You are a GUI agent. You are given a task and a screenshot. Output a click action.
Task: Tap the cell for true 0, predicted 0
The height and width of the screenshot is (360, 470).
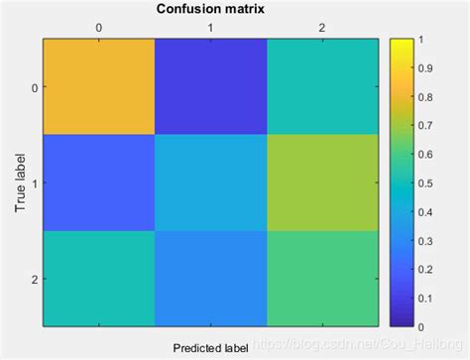pyautogui.click(x=99, y=87)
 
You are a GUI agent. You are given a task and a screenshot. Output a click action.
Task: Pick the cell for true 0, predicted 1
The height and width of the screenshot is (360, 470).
pyautogui.click(x=210, y=87)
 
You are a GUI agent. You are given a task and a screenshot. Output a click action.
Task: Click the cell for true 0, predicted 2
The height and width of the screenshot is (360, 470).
pyautogui.click(x=322, y=87)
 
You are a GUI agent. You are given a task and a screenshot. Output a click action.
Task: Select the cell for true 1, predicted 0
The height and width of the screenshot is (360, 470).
pyautogui.click(x=99, y=182)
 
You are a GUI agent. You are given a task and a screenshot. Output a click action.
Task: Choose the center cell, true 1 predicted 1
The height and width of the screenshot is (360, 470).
pyautogui.click(x=210, y=182)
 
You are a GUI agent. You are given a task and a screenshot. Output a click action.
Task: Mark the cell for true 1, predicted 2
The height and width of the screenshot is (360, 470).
pyautogui.click(x=322, y=182)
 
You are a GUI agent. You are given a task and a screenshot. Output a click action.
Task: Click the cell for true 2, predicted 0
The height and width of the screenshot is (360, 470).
pyautogui.click(x=99, y=278)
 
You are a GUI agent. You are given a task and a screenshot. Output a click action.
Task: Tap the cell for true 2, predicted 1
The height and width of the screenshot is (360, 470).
pyautogui.click(x=210, y=278)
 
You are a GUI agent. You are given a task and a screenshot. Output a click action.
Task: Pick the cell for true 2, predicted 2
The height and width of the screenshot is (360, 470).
pyautogui.click(x=322, y=278)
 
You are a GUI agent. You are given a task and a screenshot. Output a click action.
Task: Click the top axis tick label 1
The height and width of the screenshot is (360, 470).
pyautogui.click(x=210, y=29)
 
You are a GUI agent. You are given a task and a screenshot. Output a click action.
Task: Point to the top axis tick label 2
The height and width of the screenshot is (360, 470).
pyautogui.click(x=322, y=29)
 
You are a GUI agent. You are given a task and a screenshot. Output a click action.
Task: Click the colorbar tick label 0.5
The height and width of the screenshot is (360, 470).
pyautogui.click(x=427, y=182)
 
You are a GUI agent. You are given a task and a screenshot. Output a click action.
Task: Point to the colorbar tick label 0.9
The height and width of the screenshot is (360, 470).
pyautogui.click(x=427, y=68)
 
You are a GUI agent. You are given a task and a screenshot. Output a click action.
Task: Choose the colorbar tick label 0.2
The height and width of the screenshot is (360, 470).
pyautogui.click(x=427, y=269)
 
